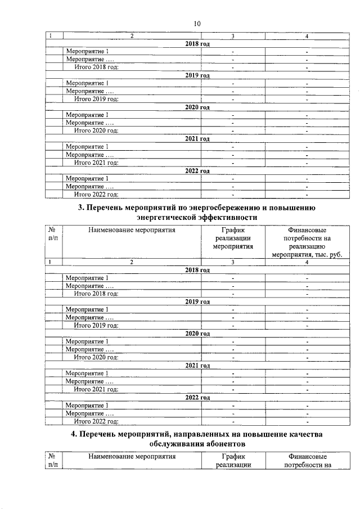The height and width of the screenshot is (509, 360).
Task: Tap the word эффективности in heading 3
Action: [x=228, y=217]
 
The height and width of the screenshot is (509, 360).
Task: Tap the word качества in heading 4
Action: [x=305, y=435]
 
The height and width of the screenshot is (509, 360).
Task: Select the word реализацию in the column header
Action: [x=307, y=246]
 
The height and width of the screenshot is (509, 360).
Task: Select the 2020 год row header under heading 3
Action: [x=197, y=334]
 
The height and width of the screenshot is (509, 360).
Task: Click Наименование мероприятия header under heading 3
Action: [x=132, y=229]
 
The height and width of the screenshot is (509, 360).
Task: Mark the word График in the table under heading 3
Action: [x=232, y=229]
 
